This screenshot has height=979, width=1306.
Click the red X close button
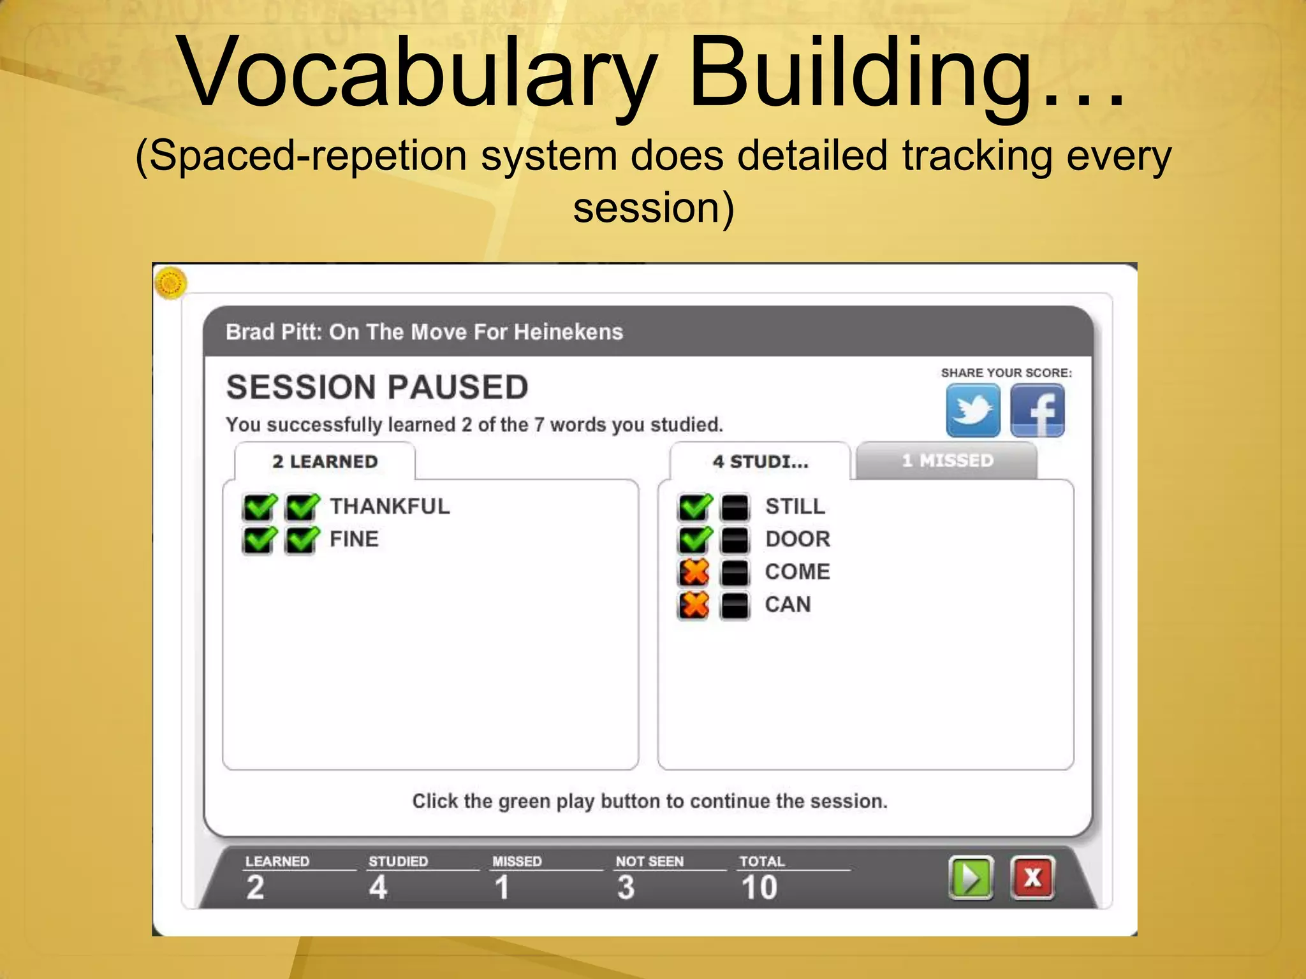(x=1032, y=878)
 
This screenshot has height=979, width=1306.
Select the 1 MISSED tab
(x=947, y=460)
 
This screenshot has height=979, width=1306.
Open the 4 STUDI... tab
(x=760, y=461)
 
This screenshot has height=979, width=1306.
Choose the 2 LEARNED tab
(x=325, y=461)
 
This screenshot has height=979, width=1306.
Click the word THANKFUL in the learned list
(x=390, y=506)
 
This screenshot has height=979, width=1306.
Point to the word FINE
(x=354, y=539)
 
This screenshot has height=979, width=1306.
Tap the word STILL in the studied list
(x=795, y=506)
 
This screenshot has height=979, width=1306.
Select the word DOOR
(x=798, y=539)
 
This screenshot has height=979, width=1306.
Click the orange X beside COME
(x=694, y=572)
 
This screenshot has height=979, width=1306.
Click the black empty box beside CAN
(x=735, y=605)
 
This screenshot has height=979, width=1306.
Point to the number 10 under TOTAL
(x=759, y=887)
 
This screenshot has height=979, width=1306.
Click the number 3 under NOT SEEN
(x=626, y=887)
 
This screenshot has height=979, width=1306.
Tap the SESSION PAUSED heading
(x=377, y=387)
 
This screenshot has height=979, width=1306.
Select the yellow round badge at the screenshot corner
(x=170, y=282)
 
